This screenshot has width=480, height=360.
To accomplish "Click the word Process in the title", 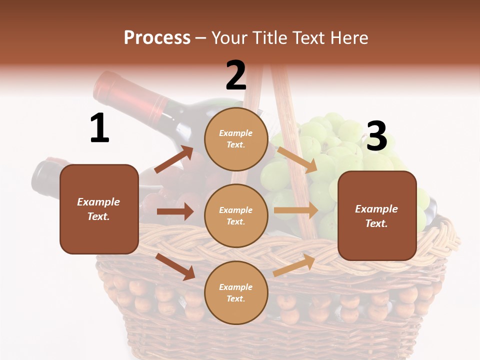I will coord(157,38).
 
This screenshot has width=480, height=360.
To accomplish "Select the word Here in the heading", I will coord(347,38).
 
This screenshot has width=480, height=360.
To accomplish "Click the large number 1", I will coord(99,128).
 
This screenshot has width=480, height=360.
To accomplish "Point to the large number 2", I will coord(236,75).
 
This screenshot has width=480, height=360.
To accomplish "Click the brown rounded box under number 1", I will coord(99,209).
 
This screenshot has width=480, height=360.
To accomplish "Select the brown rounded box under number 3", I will coord(377,216).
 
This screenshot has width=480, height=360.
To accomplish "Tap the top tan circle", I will coord(236,139).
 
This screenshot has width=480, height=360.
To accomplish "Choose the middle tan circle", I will coord(236,215).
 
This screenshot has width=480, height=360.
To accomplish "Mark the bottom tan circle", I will coord(236,292).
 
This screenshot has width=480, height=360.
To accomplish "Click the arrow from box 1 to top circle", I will coord(174,159).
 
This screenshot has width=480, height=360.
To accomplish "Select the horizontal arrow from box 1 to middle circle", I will coord(175,211).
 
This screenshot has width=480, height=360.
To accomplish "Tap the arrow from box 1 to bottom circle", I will coord(175,266).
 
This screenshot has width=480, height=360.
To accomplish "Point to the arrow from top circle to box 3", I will coord(297,159).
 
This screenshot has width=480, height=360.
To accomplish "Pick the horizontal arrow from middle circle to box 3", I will coord(296,210).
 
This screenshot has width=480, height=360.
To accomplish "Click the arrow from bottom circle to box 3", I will coord(294,265).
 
